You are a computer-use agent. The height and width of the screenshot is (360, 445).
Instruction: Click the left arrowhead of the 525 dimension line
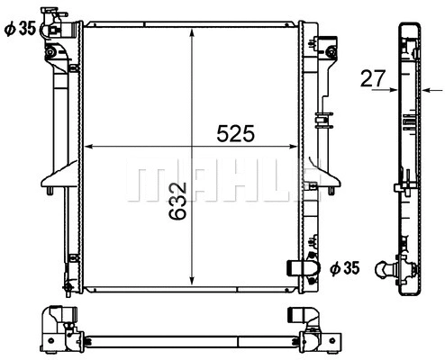tap(88, 146)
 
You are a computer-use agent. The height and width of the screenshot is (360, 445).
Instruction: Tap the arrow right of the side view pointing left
tap(426, 90)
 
